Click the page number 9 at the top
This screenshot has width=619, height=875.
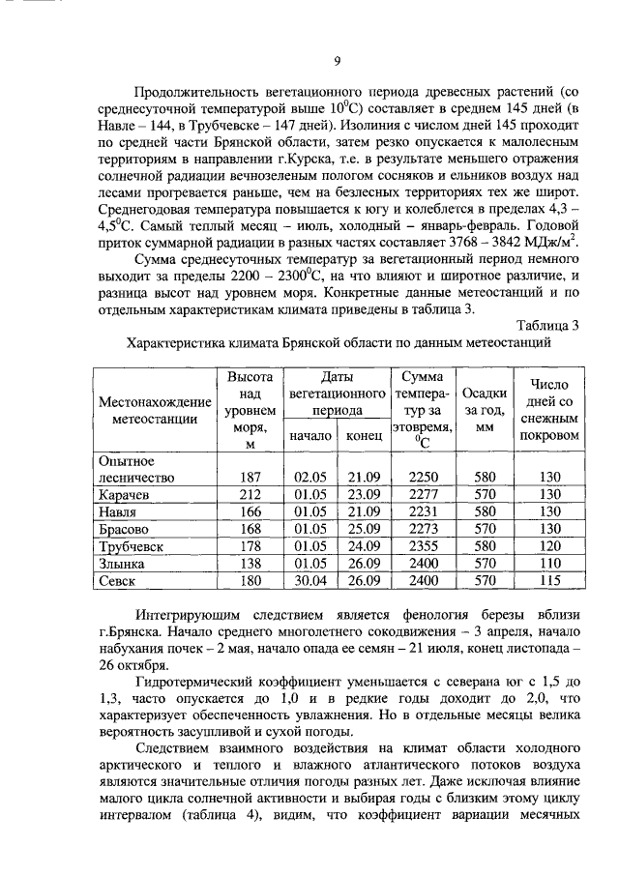[x=338, y=61]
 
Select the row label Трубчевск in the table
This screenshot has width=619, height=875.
[x=133, y=546]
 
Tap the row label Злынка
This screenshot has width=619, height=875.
[x=124, y=564]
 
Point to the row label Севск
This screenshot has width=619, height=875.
[x=117, y=581]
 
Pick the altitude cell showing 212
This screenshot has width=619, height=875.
[x=251, y=495]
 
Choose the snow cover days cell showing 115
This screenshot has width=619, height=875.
[x=550, y=581]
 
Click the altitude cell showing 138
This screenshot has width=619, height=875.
[x=251, y=564]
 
